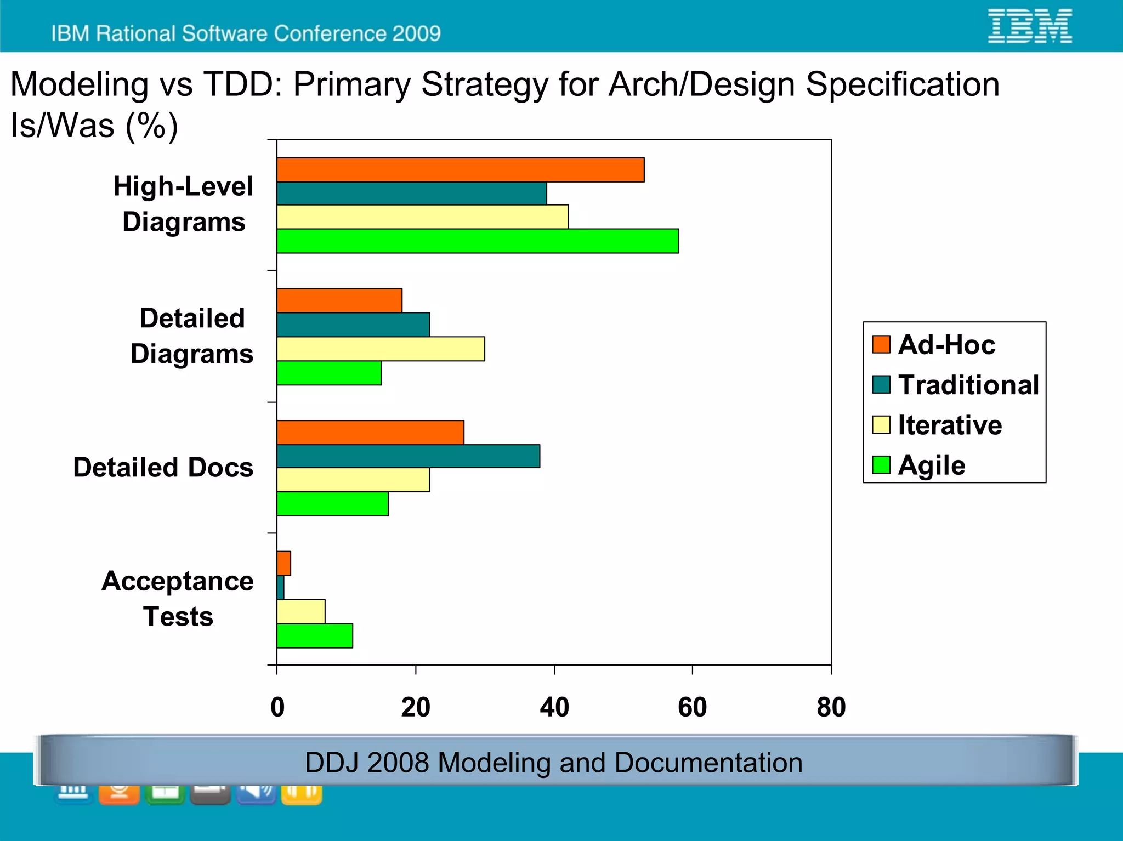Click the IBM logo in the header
click(1029, 26)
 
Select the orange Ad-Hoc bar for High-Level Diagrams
click(460, 170)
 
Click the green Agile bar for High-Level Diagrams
click(477, 241)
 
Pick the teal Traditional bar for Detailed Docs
click(408, 456)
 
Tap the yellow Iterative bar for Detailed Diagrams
click(381, 349)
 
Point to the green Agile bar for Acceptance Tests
click(315, 636)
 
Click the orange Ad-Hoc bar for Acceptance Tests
click(283, 564)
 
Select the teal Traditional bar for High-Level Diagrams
click(411, 194)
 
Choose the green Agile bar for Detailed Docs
click(332, 504)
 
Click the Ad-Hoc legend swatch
click(881, 345)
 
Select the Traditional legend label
click(968, 385)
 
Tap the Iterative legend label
click(950, 425)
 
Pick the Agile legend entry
click(931, 465)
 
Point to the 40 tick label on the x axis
click(554, 707)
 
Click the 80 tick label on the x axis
click(831, 707)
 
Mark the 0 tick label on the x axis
click(277, 707)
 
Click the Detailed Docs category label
click(163, 468)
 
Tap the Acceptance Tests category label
click(178, 599)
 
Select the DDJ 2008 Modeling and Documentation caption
click(554, 763)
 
